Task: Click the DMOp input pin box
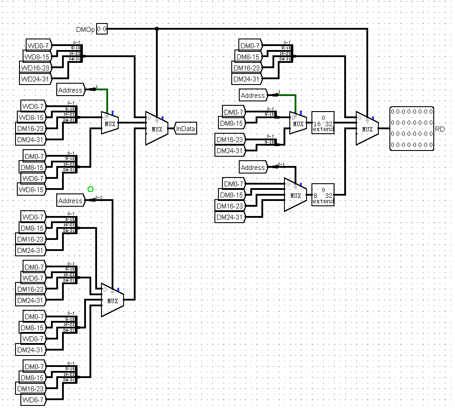tap(102, 29)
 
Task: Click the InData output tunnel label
tap(186, 128)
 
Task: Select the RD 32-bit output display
tap(412, 129)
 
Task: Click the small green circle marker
tap(90, 189)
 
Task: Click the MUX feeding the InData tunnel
tap(156, 128)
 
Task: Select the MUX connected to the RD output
tap(367, 128)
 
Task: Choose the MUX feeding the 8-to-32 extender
tap(295, 195)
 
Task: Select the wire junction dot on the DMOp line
tap(156, 29)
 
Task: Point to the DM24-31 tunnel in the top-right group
tap(247, 79)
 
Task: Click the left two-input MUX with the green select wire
tap(109, 123)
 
